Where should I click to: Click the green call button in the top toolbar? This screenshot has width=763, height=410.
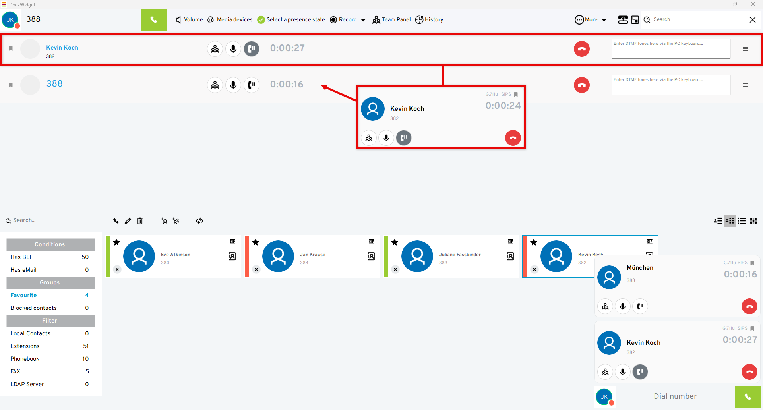153,20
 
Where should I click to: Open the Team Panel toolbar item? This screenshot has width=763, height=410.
391,20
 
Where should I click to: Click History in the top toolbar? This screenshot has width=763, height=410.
429,20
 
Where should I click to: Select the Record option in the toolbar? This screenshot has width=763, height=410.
344,20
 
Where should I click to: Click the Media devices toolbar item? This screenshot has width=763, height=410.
230,20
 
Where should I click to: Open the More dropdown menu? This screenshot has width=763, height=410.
591,20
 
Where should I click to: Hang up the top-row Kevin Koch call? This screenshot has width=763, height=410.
581,49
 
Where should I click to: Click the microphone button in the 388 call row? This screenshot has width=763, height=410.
233,85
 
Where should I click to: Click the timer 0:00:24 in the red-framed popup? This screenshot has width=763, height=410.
503,106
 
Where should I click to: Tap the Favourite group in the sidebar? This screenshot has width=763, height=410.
23,295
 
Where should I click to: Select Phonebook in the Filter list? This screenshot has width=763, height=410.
25,359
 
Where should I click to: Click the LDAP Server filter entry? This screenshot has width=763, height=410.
27,384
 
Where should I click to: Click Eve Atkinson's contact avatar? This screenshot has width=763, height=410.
139,256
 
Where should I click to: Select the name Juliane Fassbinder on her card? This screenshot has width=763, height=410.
460,255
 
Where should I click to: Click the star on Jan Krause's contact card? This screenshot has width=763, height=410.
256,242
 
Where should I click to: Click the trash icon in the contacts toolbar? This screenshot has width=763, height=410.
140,221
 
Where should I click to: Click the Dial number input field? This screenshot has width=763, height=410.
675,396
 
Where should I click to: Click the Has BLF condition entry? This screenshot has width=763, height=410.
21,257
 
